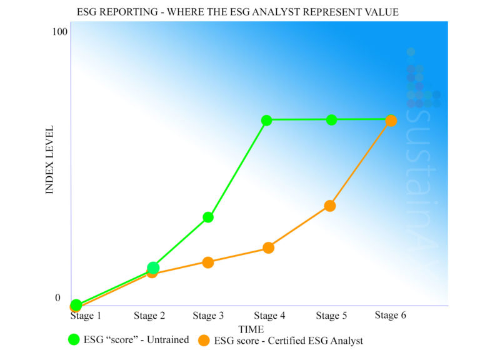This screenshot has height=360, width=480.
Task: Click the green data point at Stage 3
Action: tap(208, 217)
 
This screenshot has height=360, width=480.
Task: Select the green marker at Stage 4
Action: tap(266, 120)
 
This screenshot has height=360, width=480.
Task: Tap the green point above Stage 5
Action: tap(331, 119)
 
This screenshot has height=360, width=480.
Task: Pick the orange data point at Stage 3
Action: tap(208, 262)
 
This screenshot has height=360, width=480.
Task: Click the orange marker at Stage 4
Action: tap(269, 247)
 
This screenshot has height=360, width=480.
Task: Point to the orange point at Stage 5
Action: tap(330, 206)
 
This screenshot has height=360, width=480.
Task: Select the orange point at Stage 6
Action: tap(391, 121)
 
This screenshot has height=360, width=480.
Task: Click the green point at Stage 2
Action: tap(153, 267)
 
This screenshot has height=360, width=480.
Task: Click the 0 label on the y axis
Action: tap(58, 298)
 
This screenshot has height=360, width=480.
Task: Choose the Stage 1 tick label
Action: tap(86, 316)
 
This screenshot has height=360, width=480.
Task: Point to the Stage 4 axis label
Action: tap(269, 316)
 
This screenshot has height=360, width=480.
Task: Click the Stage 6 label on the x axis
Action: tap(391, 316)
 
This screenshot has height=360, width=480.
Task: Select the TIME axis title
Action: tap(251, 329)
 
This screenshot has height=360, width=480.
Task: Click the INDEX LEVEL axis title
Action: tap(51, 160)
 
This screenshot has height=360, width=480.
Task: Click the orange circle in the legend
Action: tap(203, 341)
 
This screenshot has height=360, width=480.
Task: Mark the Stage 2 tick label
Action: tap(149, 316)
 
